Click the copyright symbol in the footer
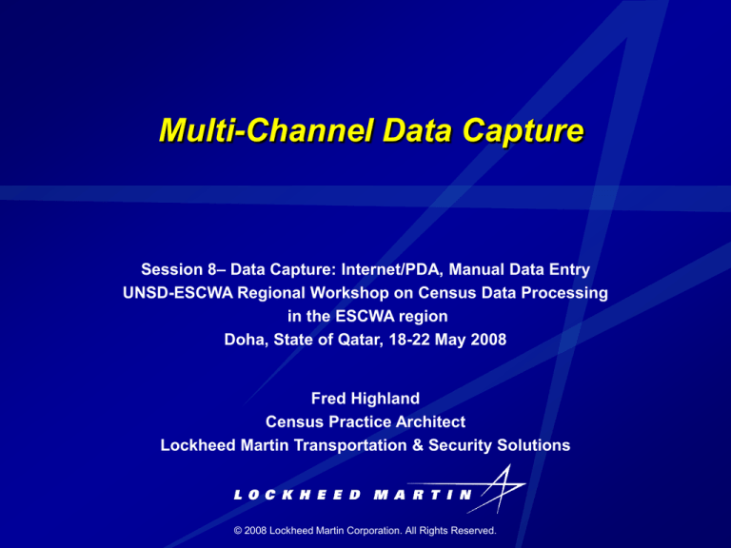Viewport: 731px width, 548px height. [x=238, y=530]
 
